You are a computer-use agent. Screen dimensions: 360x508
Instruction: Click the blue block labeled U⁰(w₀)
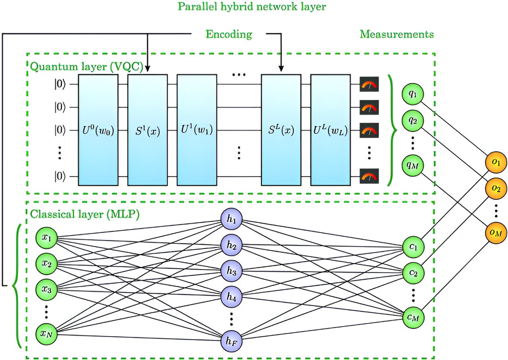point(98,130)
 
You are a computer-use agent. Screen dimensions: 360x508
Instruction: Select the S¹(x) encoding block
point(147,130)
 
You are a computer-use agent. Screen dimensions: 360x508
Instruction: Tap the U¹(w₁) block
point(197,130)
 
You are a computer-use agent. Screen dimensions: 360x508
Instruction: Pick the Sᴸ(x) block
point(281,130)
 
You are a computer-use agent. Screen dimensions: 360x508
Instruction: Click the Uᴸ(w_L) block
point(330,130)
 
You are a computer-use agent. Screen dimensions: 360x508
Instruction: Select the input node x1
point(46,238)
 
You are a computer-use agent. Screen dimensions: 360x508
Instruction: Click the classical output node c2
point(413,272)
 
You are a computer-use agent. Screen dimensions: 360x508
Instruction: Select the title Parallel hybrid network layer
point(254,7)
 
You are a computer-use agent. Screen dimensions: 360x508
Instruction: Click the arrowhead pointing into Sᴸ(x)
point(281,70)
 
